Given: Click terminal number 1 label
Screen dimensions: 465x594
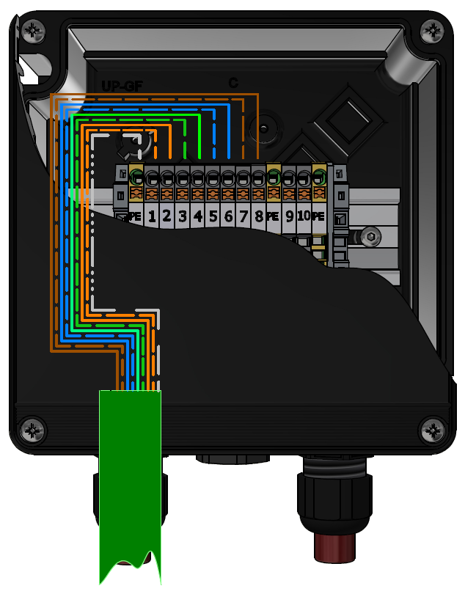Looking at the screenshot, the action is [152, 216].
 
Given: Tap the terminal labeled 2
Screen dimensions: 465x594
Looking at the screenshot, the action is [166, 216].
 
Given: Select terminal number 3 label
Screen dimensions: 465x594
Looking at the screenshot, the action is [183, 216].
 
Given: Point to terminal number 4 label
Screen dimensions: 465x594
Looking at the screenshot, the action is [198, 216].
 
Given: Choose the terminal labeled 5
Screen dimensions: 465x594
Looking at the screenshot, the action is [213, 216].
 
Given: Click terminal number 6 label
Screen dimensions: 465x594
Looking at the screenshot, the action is [229, 216].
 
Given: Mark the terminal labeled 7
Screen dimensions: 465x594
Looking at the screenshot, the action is [244, 216].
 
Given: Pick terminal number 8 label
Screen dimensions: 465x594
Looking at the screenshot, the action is [259, 216].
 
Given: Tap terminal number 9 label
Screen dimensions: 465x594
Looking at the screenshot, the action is [290, 216].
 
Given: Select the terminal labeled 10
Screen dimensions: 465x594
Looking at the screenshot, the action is [304, 216].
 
